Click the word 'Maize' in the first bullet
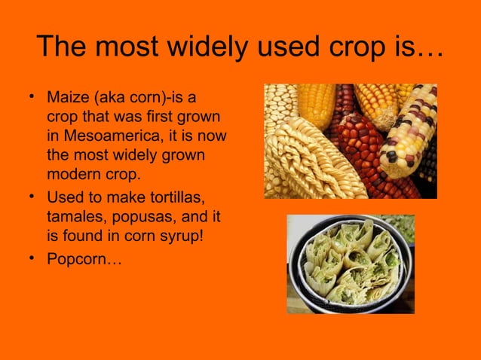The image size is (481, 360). pyautogui.click(x=66, y=99)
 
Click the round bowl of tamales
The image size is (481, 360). pyautogui.click(x=351, y=264)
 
